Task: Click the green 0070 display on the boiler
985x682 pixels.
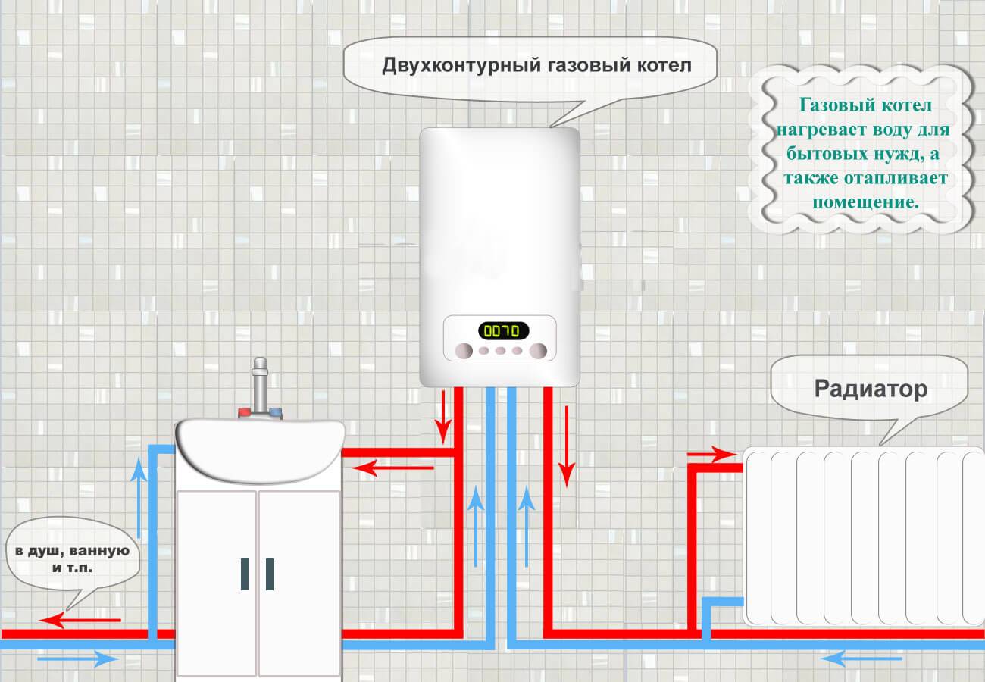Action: point(503,330)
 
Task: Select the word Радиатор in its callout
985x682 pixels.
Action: point(871,389)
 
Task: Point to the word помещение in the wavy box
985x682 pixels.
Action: point(865,202)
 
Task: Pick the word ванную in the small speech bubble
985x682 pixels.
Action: point(108,550)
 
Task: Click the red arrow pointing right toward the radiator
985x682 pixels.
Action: point(711,454)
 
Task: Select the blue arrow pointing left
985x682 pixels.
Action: point(843,660)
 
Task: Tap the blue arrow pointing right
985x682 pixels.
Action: point(78,659)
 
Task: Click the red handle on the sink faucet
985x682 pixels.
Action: point(245,414)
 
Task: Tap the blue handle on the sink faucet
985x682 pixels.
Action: point(276,414)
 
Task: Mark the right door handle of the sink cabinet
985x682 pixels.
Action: point(269,574)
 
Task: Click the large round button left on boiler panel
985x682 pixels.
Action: point(462,350)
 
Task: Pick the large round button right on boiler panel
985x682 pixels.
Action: point(538,350)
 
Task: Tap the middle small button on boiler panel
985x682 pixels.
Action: point(500,351)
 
